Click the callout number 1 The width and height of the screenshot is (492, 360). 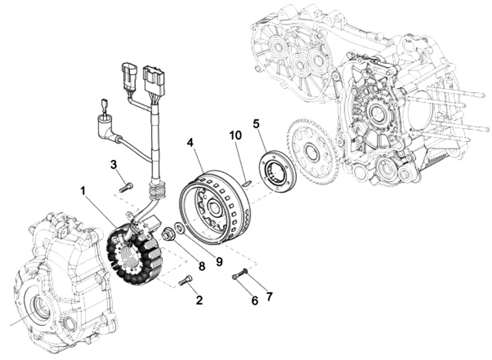click(83, 191)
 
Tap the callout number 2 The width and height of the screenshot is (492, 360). click(199, 300)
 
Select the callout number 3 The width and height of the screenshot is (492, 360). click(113, 165)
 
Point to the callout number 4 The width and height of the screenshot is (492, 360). click(190, 143)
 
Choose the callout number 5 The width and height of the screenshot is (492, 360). click(256, 124)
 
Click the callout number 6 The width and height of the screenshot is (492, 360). click(254, 301)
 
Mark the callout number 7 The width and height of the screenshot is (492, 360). click(269, 296)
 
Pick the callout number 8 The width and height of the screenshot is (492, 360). click(202, 266)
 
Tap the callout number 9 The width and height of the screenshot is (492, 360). click(219, 261)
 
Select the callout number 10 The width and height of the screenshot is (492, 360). click(236, 135)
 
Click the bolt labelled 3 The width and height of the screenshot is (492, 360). click(126, 188)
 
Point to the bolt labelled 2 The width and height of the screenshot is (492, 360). click(185, 280)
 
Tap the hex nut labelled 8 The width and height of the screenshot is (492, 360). click(167, 235)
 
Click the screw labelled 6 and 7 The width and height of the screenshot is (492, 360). click(240, 275)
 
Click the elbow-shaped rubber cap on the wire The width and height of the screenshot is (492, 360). click(107, 129)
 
